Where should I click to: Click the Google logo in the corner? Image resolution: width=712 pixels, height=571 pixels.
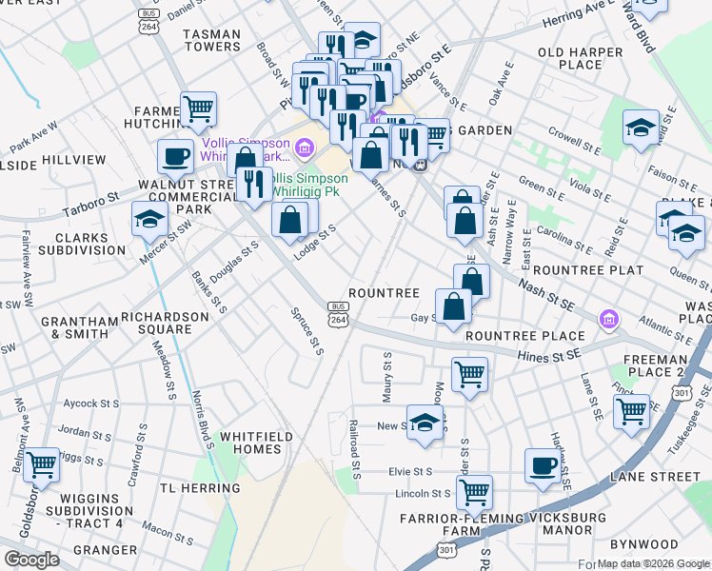pyautogui.click(x=31, y=560)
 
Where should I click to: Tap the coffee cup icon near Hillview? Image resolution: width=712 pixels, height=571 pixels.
pyautogui.click(x=174, y=154)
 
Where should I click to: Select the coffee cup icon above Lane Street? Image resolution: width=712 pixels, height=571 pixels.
pyautogui.click(x=543, y=464)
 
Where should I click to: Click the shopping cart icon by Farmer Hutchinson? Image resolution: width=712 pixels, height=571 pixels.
pyautogui.click(x=198, y=108)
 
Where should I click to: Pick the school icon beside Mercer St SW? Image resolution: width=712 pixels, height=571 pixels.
pyautogui.click(x=149, y=218)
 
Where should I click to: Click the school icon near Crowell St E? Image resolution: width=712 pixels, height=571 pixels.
pyautogui.click(x=641, y=127)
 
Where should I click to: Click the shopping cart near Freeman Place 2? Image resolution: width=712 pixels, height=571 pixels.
pyautogui.click(x=631, y=411)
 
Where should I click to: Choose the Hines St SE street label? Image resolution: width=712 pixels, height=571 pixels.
pyautogui.click(x=548, y=356)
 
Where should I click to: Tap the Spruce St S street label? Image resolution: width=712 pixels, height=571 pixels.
pyautogui.click(x=307, y=329)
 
